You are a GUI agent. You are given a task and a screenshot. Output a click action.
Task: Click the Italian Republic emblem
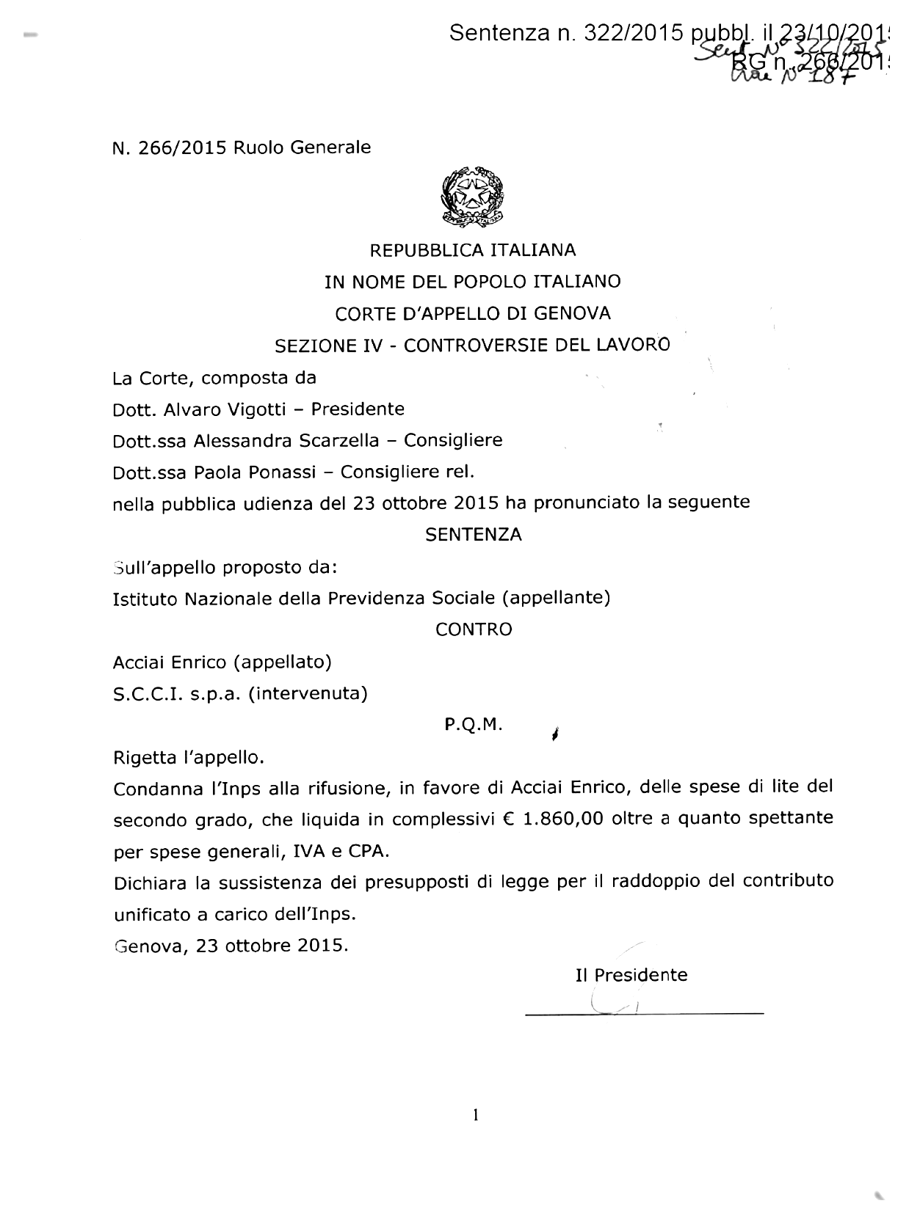click(472, 194)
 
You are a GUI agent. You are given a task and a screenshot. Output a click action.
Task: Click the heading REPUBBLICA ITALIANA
click(472, 251)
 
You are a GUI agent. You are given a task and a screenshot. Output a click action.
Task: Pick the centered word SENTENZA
click(474, 536)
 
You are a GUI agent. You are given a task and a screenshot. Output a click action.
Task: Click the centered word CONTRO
click(474, 630)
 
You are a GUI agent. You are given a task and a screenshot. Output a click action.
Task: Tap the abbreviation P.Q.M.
click(474, 726)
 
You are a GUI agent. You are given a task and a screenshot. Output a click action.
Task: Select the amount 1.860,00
click(563, 819)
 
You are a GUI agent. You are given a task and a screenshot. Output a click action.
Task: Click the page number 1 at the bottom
click(476, 1116)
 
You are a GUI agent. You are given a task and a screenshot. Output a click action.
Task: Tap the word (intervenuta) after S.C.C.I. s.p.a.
click(308, 693)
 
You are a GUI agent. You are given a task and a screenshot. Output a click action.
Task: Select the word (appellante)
click(557, 599)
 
